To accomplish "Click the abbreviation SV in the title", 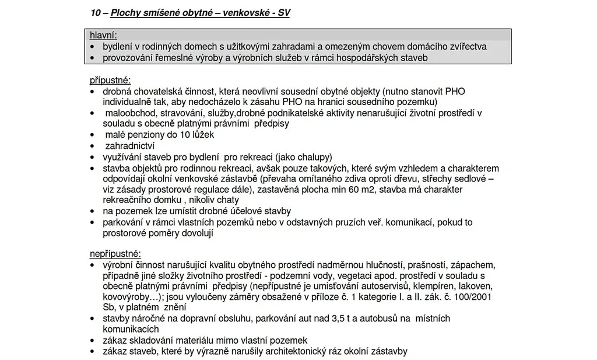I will tap(283, 12).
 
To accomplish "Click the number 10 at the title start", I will tap(96, 12).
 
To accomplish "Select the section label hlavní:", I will tap(103, 36).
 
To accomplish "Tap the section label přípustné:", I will tap(110, 80).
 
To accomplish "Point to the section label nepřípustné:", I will tap(115, 254).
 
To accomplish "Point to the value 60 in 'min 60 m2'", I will tap(379, 190).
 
